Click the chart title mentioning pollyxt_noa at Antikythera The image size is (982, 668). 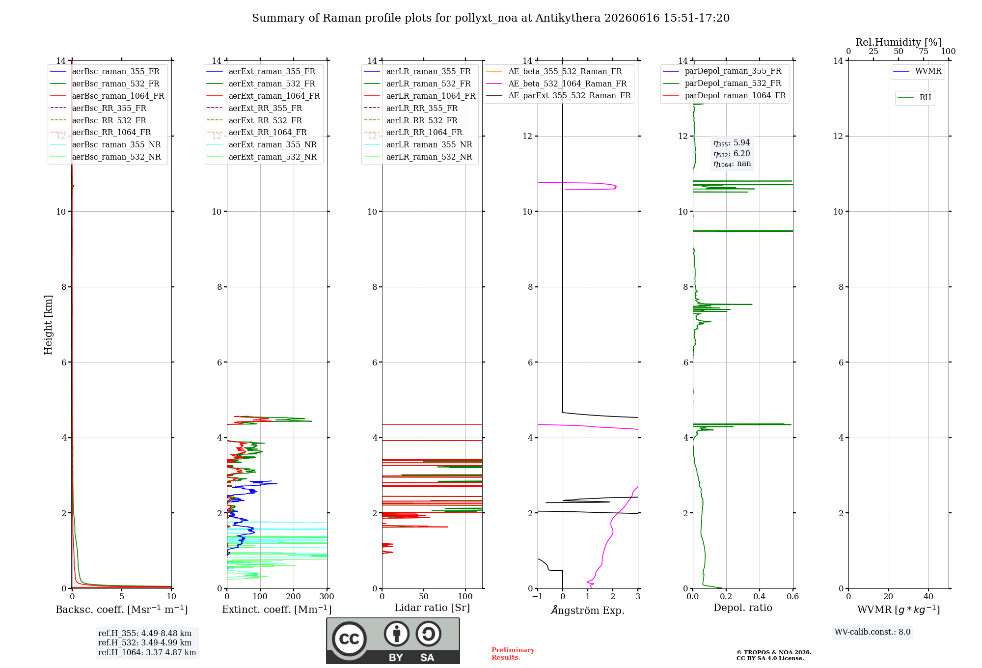click(x=491, y=18)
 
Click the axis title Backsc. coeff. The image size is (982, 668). click(x=122, y=610)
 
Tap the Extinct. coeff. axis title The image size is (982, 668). click(x=277, y=610)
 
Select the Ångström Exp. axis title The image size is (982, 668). click(x=588, y=610)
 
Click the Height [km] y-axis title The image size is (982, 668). click(x=48, y=325)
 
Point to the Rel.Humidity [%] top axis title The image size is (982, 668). click(x=899, y=42)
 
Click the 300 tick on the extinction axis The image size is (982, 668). click(x=327, y=596)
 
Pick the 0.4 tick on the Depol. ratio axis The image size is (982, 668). click(x=760, y=596)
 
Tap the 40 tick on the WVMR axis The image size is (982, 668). click(x=928, y=596)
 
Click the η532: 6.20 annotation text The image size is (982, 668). click(x=732, y=154)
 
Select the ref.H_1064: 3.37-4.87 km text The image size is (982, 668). click(x=147, y=652)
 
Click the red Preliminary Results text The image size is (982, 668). click(x=513, y=654)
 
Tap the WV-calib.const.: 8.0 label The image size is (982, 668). click(x=873, y=632)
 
